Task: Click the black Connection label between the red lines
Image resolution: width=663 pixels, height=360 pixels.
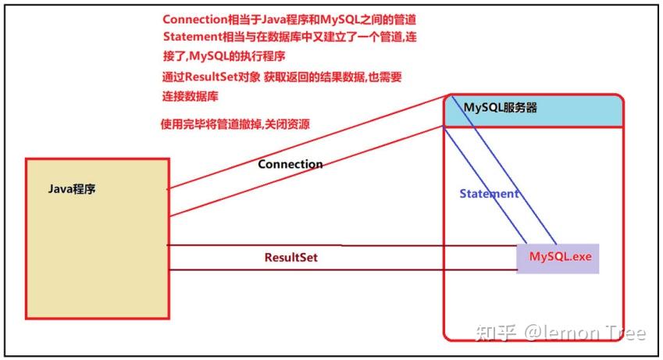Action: point(290,164)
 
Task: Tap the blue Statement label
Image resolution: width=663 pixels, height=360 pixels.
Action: point(489,194)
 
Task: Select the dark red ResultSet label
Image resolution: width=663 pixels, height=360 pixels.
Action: point(291,257)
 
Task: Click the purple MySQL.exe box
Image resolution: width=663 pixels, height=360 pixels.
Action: point(558,258)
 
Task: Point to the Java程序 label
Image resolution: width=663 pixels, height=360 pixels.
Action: point(72,189)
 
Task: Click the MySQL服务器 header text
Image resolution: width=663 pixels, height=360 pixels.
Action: point(501,108)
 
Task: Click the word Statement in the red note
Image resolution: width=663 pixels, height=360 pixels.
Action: point(192,37)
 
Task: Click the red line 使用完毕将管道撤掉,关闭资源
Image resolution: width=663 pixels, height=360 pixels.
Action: point(235,124)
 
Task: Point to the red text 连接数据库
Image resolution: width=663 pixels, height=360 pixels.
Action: point(191,96)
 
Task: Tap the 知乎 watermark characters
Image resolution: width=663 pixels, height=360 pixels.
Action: point(496,333)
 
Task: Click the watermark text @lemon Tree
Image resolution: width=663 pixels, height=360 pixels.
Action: point(585,333)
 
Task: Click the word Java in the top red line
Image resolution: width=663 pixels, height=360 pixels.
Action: point(273,20)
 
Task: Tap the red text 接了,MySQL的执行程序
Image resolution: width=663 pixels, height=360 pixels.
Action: point(224,56)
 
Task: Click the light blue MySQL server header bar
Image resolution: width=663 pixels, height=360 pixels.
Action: point(533,110)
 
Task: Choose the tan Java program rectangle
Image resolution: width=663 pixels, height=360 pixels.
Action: point(98,239)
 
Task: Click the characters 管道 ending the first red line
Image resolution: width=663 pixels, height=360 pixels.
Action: point(405,20)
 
